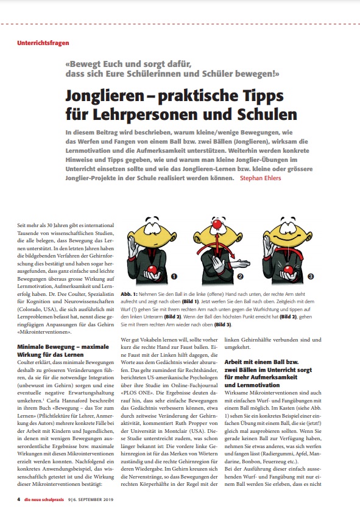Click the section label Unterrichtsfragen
pyautogui.click(x=43, y=43)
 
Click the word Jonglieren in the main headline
pyautogui.click(x=105, y=97)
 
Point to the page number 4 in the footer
pyautogui.click(x=19, y=499)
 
